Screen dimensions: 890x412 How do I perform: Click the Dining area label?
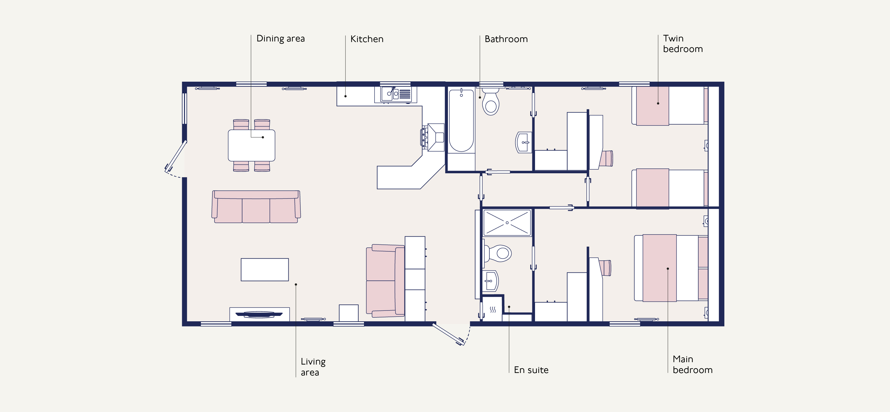[281, 38]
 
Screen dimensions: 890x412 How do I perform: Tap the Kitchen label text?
[367, 39]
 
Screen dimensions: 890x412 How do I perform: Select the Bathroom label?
[506, 39]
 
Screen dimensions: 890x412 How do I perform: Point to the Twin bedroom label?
[683, 44]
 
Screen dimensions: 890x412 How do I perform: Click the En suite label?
[531, 370]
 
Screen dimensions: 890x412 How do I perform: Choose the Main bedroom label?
[692, 364]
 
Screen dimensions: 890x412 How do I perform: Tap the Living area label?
[313, 367]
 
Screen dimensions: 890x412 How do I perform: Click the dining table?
[251, 146]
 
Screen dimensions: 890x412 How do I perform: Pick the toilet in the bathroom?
[491, 101]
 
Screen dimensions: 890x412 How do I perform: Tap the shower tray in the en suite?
[507, 223]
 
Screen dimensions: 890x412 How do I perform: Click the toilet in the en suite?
[498, 254]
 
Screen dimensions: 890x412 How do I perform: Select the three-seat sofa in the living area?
[256, 207]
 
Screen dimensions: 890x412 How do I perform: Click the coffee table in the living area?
[265, 270]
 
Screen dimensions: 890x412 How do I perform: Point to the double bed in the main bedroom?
[671, 268]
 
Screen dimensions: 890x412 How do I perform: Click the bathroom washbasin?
[523, 142]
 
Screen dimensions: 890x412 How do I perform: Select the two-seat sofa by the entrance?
[385, 281]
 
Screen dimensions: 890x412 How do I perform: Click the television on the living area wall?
[259, 314]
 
